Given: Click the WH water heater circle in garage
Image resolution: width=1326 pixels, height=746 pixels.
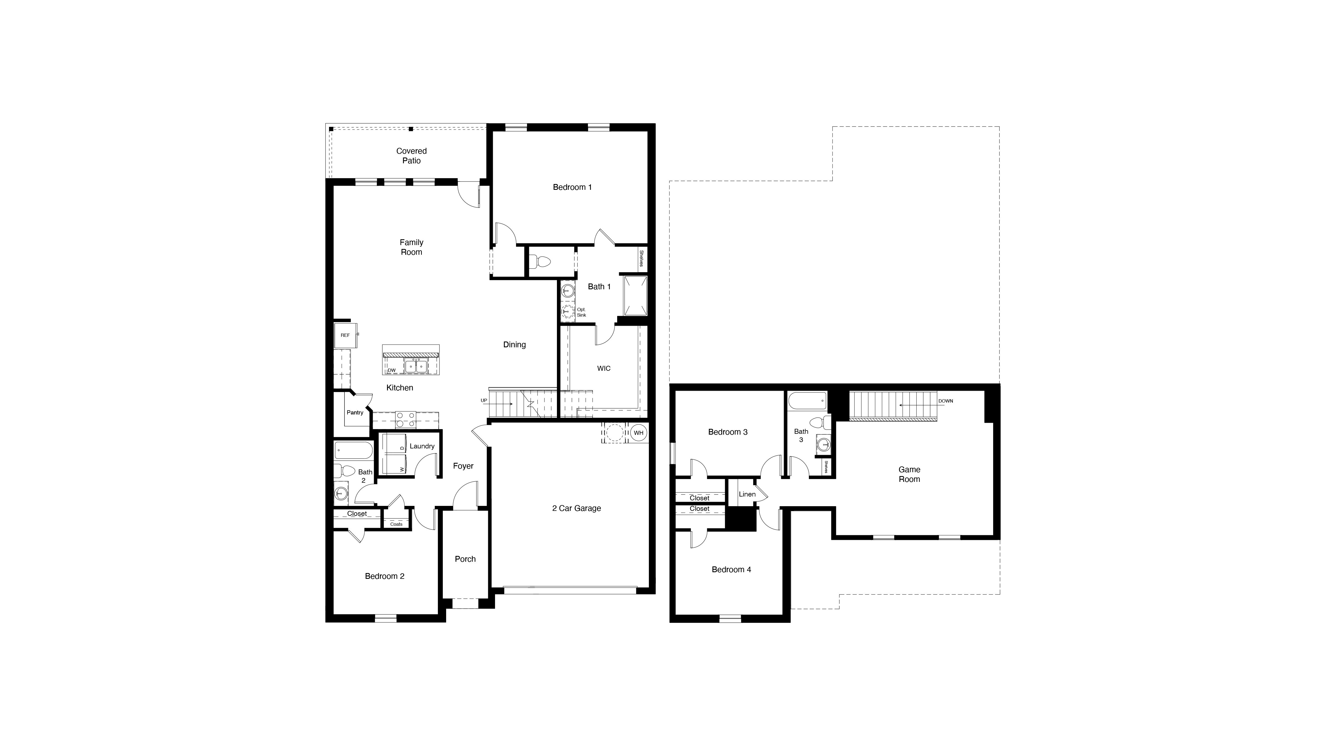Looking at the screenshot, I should pos(638,433).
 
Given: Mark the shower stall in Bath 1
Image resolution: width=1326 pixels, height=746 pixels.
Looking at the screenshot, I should pos(635,296).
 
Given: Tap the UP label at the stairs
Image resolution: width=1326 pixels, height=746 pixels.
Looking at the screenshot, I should pos(484,401).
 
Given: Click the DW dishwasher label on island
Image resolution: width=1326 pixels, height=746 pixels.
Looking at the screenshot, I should pos(392,370).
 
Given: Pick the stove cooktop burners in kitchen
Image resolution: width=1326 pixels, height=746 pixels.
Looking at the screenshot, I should pos(406,420).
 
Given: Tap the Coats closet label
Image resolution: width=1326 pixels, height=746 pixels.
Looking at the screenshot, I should pos(396,524).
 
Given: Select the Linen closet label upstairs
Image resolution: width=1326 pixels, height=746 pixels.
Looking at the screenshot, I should pos(747,494).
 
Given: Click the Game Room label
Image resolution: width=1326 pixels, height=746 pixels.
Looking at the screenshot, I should pos(909,474).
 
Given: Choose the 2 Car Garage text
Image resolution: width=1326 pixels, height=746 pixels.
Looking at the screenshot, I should pos(577,508).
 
